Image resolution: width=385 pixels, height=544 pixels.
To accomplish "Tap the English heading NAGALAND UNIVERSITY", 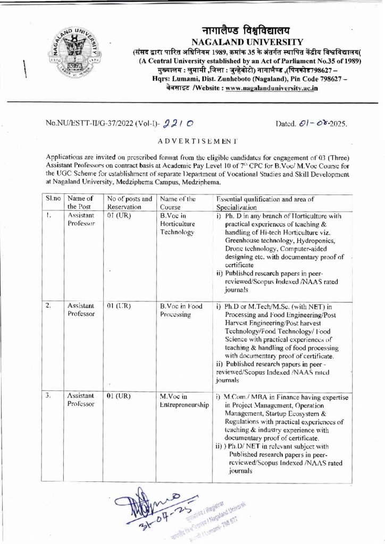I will (x=247, y=42).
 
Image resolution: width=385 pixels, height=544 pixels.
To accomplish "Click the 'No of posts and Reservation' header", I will (x=123, y=203).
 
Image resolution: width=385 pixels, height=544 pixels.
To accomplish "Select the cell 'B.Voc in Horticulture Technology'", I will (x=178, y=224).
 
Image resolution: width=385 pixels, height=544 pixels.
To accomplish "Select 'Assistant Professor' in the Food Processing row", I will (x=80, y=311).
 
